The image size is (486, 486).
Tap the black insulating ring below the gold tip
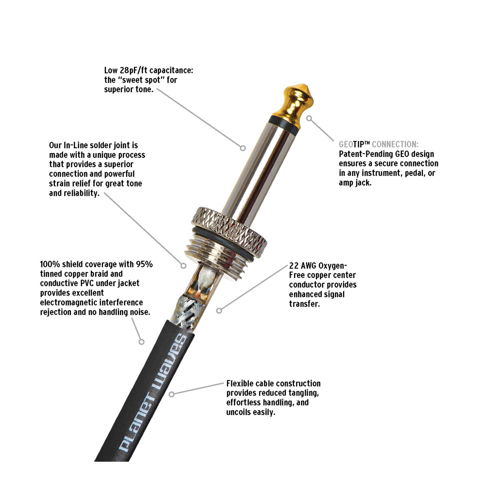[x=284, y=123]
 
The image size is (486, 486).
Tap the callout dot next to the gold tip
[x=309, y=118]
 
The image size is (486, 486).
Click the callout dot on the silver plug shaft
[x=243, y=148]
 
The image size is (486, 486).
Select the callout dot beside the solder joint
[x=184, y=266]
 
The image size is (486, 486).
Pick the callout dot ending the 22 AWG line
[x=219, y=311]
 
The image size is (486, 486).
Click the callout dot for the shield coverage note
[x=141, y=342]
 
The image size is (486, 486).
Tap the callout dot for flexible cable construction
[x=172, y=394]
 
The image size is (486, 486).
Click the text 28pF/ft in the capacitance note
[x=133, y=70]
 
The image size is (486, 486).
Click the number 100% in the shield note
[x=50, y=264]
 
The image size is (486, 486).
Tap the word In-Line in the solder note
[x=75, y=145]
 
